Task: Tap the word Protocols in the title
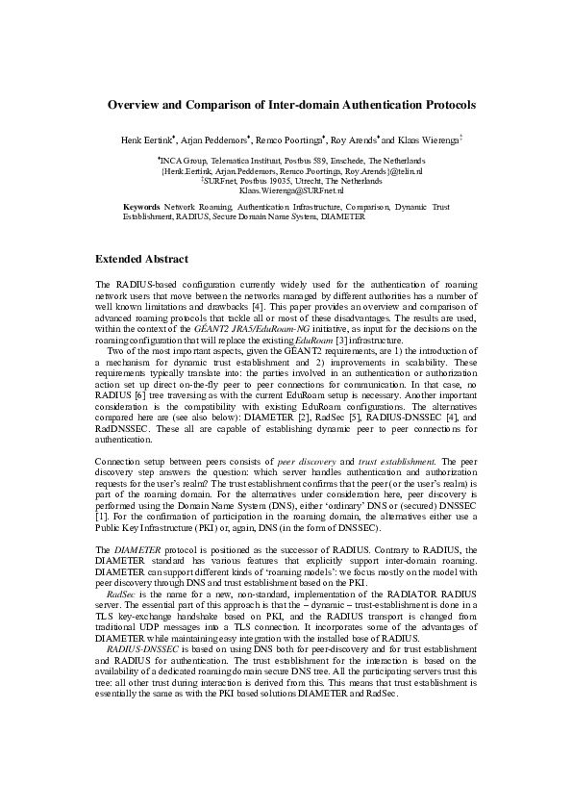click(440, 102)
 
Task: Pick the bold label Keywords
click(142, 207)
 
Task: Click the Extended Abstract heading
click(141, 260)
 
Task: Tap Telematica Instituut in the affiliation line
click(229, 161)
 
